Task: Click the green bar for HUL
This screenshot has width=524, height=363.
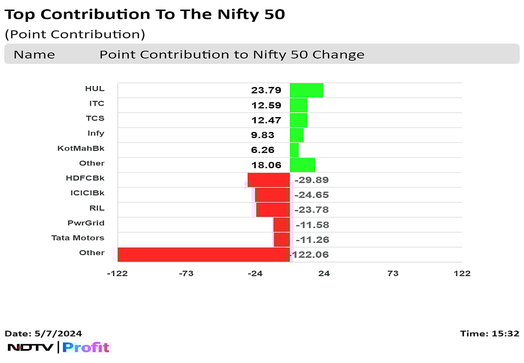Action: (x=307, y=90)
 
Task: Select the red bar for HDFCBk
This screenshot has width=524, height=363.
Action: (x=269, y=180)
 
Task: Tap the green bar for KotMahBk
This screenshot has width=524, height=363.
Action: (x=294, y=150)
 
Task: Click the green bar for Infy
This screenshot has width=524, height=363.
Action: (x=296, y=135)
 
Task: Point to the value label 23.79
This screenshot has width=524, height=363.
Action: (x=266, y=90)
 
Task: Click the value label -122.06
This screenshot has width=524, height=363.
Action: (x=310, y=255)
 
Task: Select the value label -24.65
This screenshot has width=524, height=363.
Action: (x=311, y=195)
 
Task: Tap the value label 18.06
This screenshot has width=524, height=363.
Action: (x=266, y=165)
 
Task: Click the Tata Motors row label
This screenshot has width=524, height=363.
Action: (x=78, y=238)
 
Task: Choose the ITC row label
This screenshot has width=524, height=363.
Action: (x=97, y=104)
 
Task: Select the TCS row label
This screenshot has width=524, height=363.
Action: (x=96, y=118)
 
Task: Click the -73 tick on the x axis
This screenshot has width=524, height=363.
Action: (x=186, y=273)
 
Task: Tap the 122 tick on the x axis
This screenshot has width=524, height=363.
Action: (x=462, y=273)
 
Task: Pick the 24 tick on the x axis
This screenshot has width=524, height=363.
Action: (x=324, y=273)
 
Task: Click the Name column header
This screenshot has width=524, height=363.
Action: (x=34, y=55)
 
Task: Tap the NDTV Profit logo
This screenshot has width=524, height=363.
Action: (x=59, y=348)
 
